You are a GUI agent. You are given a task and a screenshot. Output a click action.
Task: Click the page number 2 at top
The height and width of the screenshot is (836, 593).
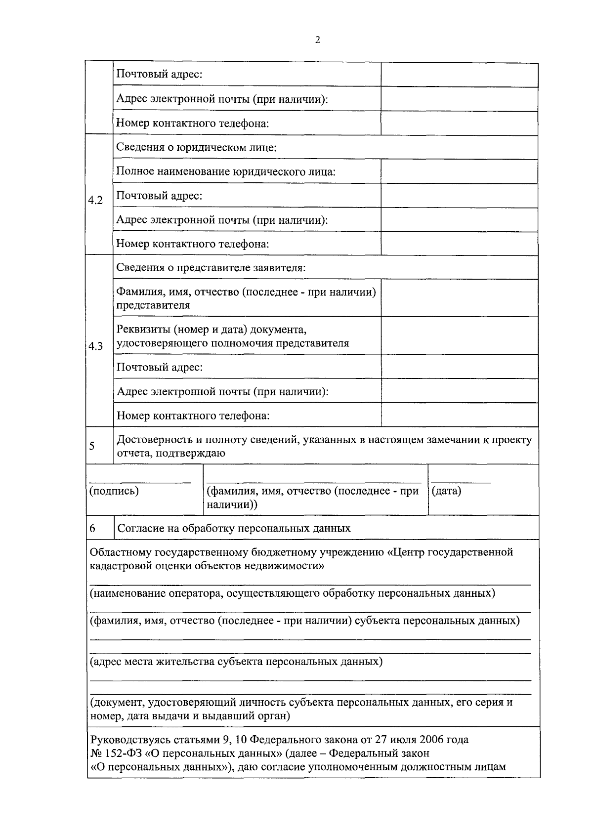click(x=317, y=41)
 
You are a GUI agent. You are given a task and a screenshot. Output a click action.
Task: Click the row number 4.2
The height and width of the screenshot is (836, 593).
click(x=95, y=201)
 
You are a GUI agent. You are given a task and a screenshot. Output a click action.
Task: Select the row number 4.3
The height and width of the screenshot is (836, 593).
click(x=95, y=346)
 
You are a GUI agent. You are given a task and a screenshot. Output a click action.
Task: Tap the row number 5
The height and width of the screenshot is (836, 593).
click(x=92, y=446)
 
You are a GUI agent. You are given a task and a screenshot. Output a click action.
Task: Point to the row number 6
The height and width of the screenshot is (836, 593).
click(x=92, y=528)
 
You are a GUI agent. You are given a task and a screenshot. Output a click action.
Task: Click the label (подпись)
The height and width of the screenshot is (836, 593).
click(x=114, y=491)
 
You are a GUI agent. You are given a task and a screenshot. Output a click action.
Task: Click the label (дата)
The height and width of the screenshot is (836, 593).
click(x=446, y=491)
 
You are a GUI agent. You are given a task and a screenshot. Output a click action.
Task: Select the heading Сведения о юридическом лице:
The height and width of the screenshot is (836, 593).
click(x=196, y=147)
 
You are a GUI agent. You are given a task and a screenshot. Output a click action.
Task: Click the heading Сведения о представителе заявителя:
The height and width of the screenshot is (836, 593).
click(x=211, y=268)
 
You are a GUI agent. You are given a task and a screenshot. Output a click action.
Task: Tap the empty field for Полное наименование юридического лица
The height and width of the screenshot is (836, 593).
click(x=459, y=171)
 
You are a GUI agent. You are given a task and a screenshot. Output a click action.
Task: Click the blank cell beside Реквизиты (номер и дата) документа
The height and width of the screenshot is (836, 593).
click(x=459, y=335)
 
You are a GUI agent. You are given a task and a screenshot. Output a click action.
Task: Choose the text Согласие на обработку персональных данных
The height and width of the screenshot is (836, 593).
click(x=234, y=529)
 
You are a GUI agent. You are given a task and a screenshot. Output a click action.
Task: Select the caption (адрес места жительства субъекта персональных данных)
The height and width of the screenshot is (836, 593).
click(x=236, y=662)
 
